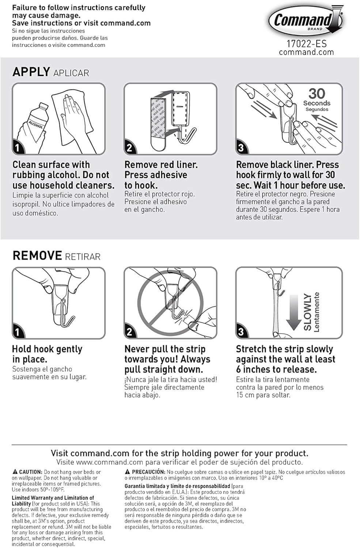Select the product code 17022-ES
(306, 44)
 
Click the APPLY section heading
(31, 72)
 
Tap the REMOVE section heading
(37, 255)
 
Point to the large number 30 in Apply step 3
(317, 94)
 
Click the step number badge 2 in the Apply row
(129, 148)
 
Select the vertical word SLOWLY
(308, 312)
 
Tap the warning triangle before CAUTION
(15, 472)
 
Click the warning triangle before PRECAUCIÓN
(128, 472)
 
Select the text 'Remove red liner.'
(161, 165)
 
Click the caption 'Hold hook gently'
(47, 349)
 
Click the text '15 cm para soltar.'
(263, 395)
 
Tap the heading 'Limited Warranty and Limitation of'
(53, 498)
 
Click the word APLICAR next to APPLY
(71, 73)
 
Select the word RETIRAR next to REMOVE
(83, 257)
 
